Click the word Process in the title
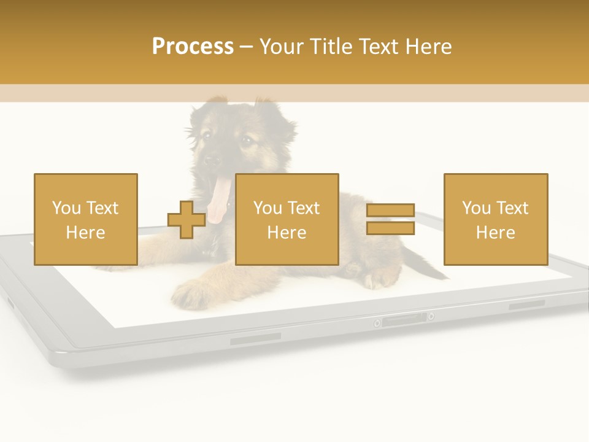tap(193, 47)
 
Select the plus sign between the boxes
tap(187, 220)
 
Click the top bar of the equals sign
tap(390, 211)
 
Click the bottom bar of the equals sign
tap(390, 228)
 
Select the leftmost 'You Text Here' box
tap(86, 219)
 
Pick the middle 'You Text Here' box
tap(287, 219)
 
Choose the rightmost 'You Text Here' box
tap(496, 219)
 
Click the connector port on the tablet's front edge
tap(403, 319)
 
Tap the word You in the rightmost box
tap(475, 208)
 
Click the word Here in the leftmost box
tap(85, 233)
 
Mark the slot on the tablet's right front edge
tap(526, 304)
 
